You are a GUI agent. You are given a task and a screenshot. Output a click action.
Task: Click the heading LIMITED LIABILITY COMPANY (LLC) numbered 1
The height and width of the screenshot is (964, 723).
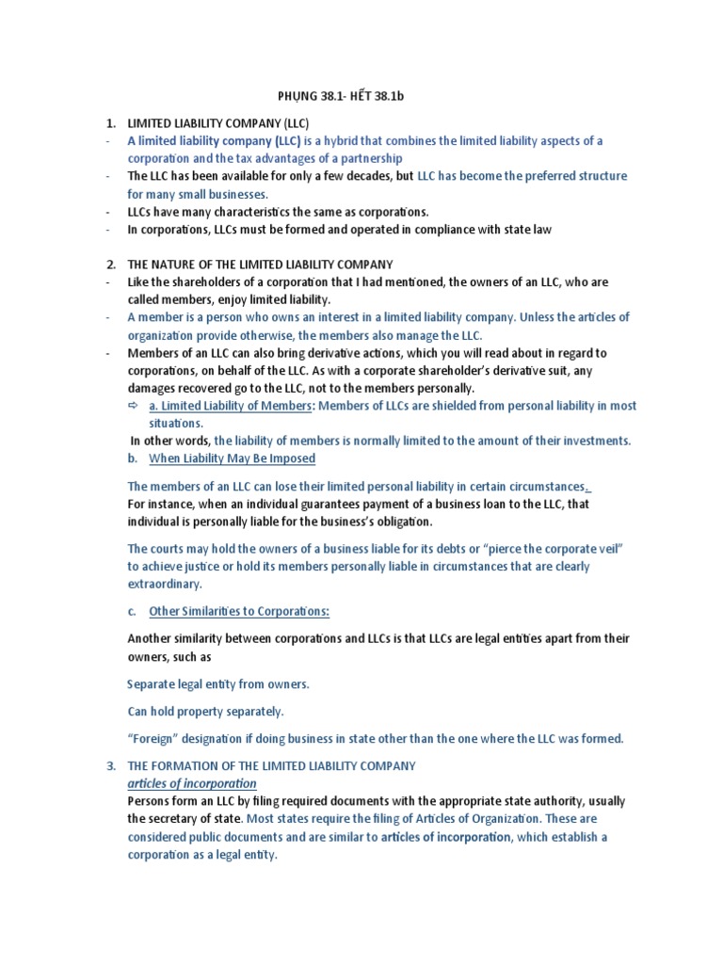coord(218,123)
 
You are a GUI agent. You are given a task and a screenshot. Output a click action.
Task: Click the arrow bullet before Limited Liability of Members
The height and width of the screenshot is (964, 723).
coord(133,406)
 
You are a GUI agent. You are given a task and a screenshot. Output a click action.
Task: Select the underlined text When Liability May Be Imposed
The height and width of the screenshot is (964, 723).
coord(233,458)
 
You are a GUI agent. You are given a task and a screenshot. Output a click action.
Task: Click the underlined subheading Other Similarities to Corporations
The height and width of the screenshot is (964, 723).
coord(239,611)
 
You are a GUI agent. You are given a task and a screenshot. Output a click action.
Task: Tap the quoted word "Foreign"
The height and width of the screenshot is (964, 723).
coord(156,738)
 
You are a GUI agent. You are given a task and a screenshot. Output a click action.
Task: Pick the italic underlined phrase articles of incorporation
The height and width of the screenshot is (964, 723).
coord(192,783)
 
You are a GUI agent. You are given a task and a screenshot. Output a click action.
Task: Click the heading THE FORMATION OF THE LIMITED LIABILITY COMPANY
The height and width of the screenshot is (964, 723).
coord(271,766)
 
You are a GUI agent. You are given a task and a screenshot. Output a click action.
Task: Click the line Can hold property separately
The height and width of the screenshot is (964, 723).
coord(205,711)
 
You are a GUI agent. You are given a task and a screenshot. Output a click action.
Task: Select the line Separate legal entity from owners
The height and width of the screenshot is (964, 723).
coord(218,683)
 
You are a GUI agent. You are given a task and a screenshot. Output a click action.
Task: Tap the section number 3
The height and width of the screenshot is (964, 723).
coord(110,766)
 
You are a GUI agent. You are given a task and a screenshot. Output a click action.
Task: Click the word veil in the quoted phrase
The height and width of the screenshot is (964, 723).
coord(609,549)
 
